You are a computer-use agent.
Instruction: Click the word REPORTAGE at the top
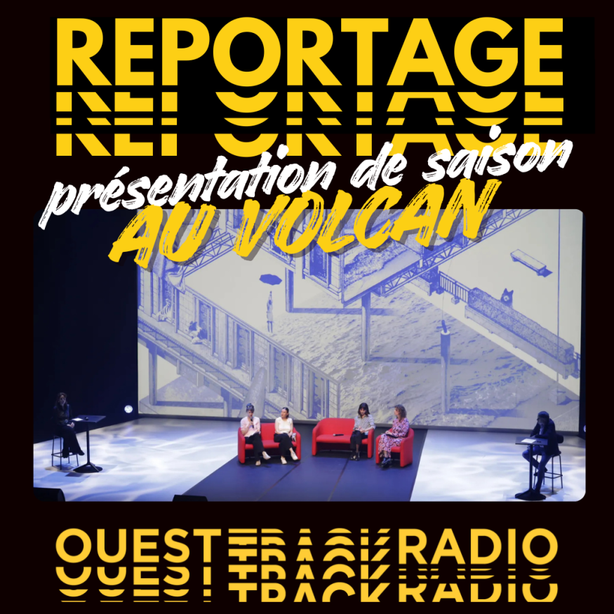(x=309, y=51)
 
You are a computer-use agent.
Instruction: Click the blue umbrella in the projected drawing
(x=271, y=279)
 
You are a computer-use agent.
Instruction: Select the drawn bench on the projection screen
(x=528, y=262)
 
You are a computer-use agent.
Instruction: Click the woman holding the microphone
(x=252, y=434)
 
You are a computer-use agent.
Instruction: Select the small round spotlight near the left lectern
(x=128, y=409)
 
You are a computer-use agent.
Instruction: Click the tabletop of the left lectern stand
(x=88, y=419)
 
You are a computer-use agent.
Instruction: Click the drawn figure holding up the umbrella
(x=269, y=312)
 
